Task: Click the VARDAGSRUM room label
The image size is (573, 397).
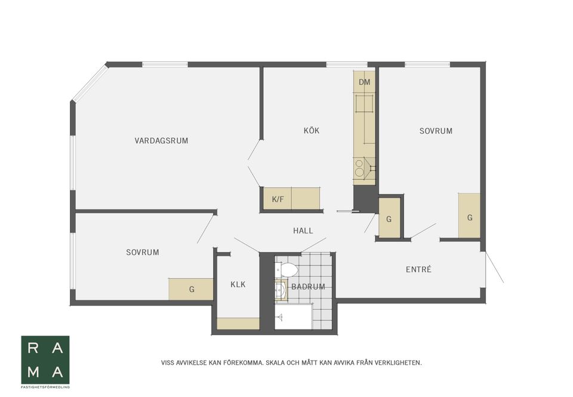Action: point(161,140)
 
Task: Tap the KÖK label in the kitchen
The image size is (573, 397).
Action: point(312,131)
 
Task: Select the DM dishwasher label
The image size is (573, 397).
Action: point(364,82)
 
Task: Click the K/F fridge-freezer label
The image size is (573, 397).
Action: point(278,199)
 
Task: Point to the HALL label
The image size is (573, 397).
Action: point(303,230)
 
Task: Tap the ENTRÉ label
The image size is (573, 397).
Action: point(418,269)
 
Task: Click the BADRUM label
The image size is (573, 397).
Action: point(308,287)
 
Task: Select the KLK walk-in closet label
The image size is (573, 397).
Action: point(238,284)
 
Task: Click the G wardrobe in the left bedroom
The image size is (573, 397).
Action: point(191,289)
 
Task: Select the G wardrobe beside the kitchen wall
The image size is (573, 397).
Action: point(389,218)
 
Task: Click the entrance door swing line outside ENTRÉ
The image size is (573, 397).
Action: point(494,267)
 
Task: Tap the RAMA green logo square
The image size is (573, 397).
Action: point(45,360)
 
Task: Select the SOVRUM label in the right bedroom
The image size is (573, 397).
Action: point(436,131)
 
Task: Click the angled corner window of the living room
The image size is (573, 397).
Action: point(90,82)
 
